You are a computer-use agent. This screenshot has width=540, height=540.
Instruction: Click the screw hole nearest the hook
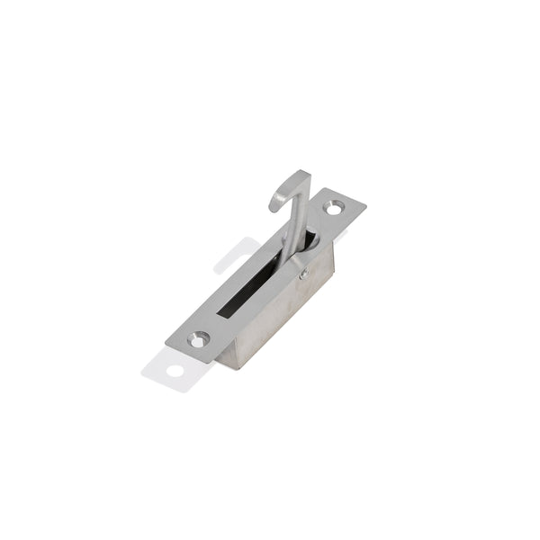click(x=333, y=208)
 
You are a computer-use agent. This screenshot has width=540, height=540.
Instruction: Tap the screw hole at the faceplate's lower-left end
click(x=198, y=339)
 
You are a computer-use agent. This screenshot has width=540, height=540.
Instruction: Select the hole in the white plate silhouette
click(x=174, y=370)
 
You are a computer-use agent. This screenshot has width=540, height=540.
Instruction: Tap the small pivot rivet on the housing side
click(x=304, y=274)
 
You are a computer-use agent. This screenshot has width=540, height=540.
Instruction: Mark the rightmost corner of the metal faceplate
click(x=365, y=206)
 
